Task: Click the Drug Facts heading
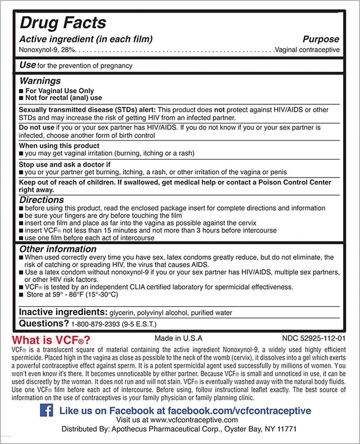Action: [x=63, y=23]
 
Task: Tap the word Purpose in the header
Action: [x=321, y=39]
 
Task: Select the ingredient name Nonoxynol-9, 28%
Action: [x=47, y=50]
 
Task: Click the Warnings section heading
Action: [x=40, y=81]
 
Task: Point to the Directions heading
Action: [x=41, y=200]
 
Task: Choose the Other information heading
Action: [x=58, y=249]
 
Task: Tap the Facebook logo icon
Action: [x=46, y=410]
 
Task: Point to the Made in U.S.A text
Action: [x=178, y=338]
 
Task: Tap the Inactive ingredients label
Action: [x=63, y=312]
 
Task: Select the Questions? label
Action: [x=44, y=324]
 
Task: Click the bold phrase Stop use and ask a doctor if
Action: [x=65, y=164]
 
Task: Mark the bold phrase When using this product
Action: [x=59, y=146]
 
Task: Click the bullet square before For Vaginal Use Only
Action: [x=21, y=91]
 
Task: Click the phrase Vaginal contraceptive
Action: [x=307, y=50]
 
